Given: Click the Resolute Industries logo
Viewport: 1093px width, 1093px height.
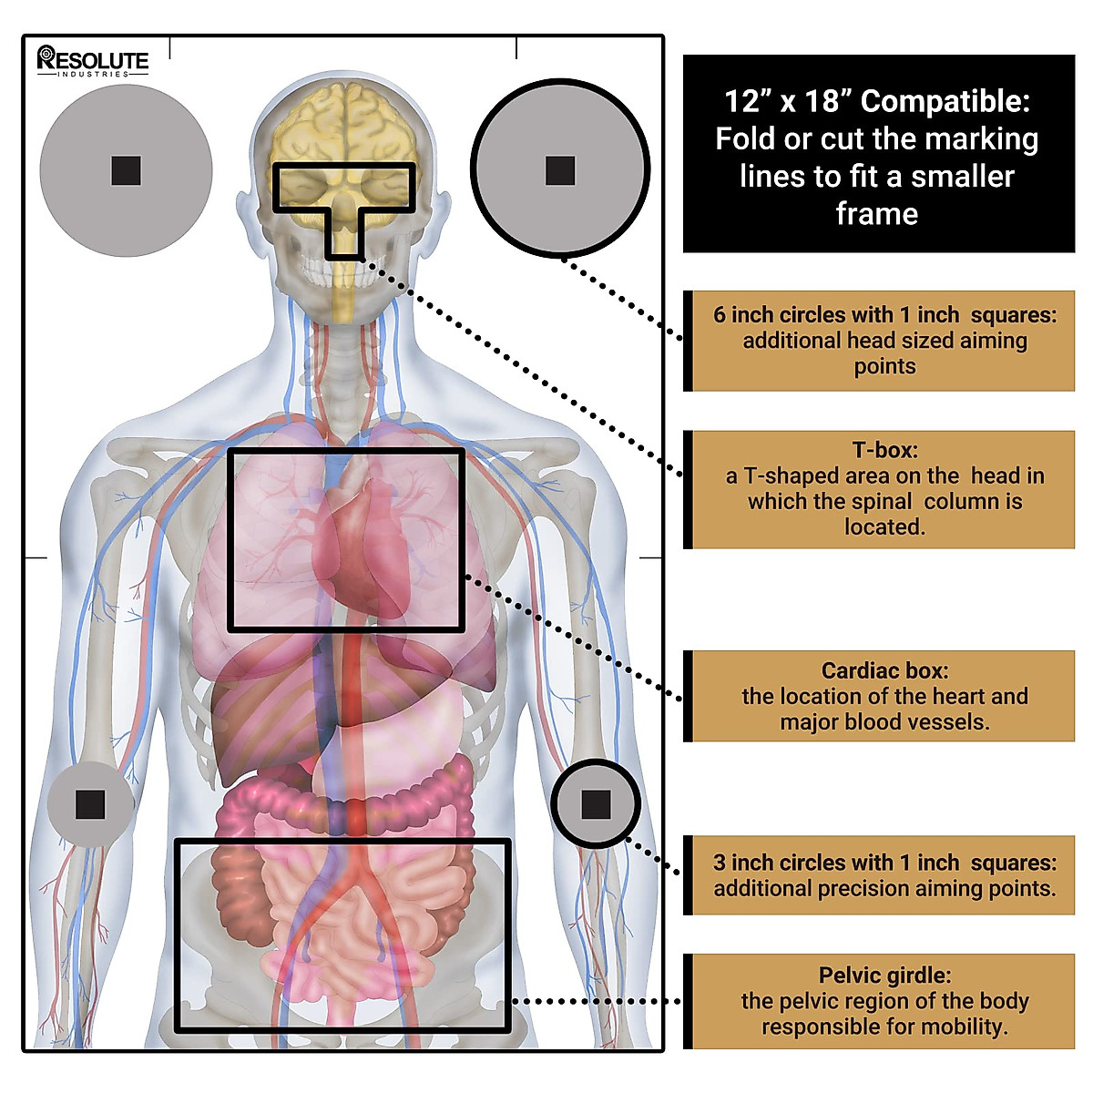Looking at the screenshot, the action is [x=93, y=61].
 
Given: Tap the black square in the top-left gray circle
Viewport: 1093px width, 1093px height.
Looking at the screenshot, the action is [x=126, y=170].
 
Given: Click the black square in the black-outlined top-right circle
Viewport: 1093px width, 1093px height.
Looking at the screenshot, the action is [x=560, y=170].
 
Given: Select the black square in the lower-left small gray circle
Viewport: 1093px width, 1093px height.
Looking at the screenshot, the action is [x=90, y=804].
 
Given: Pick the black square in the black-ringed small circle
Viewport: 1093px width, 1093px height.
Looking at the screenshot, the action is [x=596, y=804].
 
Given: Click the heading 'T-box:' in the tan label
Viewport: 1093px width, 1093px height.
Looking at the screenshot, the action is [x=884, y=450].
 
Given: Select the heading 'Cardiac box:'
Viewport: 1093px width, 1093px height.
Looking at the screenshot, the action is [x=884, y=670].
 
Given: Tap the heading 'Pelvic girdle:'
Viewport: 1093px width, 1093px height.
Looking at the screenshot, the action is [x=884, y=975].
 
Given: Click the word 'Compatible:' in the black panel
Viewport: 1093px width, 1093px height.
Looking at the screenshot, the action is [x=945, y=101].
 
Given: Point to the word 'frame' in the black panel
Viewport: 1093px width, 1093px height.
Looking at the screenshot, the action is [x=877, y=214].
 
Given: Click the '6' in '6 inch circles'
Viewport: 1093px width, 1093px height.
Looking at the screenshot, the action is [x=720, y=315].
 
